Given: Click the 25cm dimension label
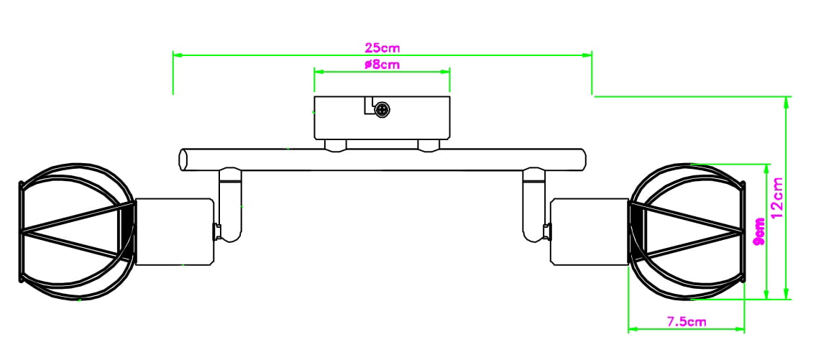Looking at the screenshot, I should tap(382, 48).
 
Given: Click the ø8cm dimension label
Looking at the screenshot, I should tap(382, 65).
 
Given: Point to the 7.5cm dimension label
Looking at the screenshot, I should tap(686, 322).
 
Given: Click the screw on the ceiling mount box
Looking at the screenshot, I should tap(383, 110).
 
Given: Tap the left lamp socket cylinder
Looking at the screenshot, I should tap(175, 232).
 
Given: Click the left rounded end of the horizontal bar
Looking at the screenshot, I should tap(183, 159).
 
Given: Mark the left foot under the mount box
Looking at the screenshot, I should tap(334, 146).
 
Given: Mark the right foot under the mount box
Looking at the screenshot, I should tap(428, 146).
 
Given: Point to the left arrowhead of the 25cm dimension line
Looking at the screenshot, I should tap(177, 54).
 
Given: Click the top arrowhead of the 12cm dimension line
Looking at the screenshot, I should tap(788, 101).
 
